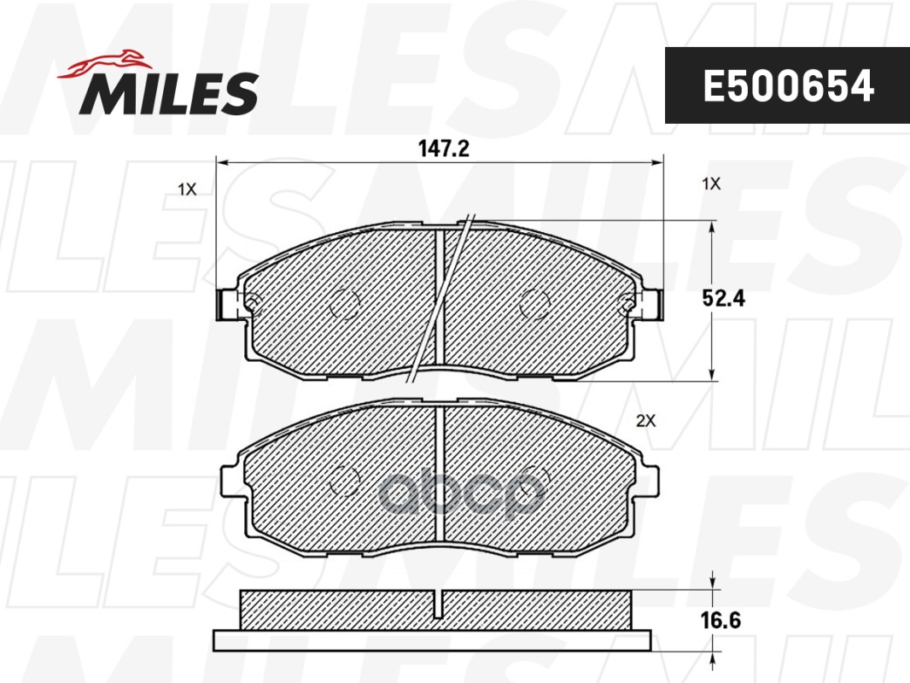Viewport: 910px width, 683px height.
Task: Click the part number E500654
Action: [x=788, y=86]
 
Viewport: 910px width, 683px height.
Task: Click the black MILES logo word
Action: [x=169, y=93]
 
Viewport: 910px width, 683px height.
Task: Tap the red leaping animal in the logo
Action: [x=104, y=63]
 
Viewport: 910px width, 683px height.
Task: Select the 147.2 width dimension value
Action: [x=443, y=149]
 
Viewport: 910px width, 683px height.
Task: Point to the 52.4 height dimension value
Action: [x=723, y=298]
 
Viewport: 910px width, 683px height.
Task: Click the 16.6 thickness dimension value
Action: [x=720, y=620]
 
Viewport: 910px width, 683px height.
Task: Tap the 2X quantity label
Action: [x=645, y=421]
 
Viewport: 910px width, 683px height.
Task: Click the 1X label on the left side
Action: [x=188, y=190]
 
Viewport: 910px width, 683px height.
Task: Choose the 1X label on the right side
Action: [x=711, y=184]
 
